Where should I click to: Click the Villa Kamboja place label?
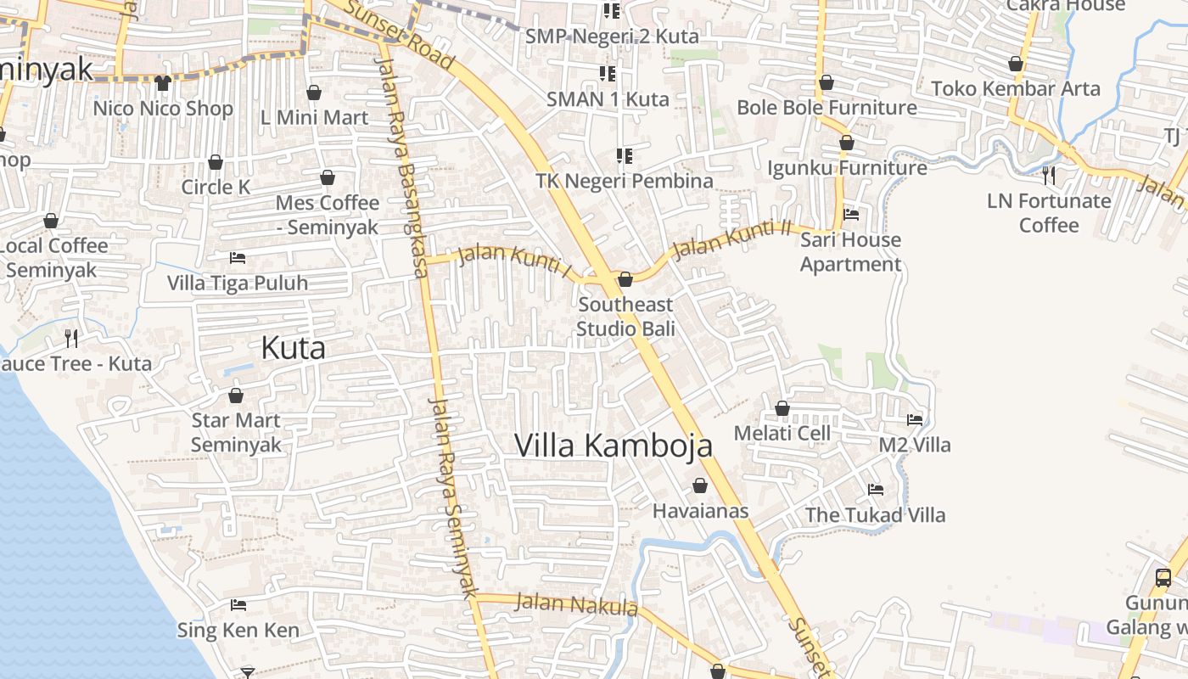pos(614,446)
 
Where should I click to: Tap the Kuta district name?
pos(293,348)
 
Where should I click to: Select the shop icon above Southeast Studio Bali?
pos(625,279)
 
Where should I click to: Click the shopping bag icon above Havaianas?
pos(700,485)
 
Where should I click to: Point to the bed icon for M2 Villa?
pos(914,419)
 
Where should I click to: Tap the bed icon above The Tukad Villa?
pos(875,490)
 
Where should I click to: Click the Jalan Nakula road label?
pos(576,604)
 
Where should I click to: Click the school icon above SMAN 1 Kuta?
pos(608,74)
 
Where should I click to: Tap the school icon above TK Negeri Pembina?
pos(625,156)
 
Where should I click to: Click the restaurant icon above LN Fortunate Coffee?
pos(1049,176)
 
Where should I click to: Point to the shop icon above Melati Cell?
pos(782,409)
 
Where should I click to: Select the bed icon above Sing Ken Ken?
pos(238,605)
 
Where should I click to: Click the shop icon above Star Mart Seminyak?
pos(236,396)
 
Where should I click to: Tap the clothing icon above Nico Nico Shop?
pos(163,83)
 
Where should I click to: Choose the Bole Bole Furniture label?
pos(827,108)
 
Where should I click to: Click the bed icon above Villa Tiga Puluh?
pos(238,258)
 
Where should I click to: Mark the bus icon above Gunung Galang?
pos(1163,578)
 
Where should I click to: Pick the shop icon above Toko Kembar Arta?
pos(1016,64)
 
